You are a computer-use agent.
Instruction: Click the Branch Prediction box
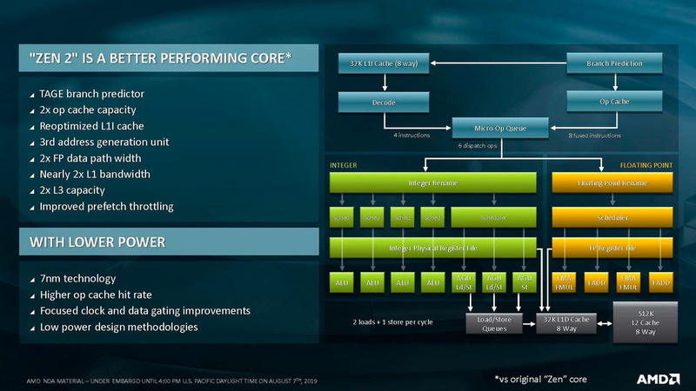tap(615, 63)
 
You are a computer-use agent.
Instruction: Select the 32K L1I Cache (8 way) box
tap(384, 63)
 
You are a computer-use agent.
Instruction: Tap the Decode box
tap(384, 103)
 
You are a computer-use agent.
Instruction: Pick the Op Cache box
tap(615, 102)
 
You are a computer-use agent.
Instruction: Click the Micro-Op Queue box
tap(500, 129)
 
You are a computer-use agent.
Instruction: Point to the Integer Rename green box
tap(432, 182)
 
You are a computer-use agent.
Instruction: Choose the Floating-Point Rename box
tap(613, 182)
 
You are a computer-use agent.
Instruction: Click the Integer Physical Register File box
tap(432, 248)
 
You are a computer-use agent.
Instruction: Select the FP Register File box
tap(613, 248)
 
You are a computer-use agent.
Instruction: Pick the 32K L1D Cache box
tap(568, 322)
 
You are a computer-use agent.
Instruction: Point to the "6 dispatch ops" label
tap(478, 146)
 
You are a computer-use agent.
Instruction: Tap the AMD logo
tap(658, 378)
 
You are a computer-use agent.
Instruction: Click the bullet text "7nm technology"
tap(78, 278)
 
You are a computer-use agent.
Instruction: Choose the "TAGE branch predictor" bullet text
tap(91, 94)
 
